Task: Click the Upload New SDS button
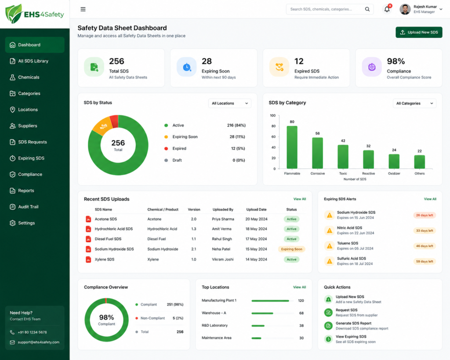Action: (419, 33)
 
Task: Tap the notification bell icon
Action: (387, 9)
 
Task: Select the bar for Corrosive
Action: (317, 153)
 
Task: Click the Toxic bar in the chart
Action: (343, 157)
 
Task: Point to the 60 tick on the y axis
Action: (273, 137)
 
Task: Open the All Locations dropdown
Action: (229, 103)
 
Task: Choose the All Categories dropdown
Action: (414, 103)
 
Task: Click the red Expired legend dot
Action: (166, 149)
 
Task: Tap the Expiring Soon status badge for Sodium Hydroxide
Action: (292, 249)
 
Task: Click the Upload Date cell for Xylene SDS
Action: (256, 259)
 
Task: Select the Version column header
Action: (194, 210)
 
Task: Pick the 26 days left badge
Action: (425, 215)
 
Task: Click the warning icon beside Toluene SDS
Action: (330, 246)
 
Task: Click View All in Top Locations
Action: (299, 287)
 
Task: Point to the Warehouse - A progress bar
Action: (262, 313)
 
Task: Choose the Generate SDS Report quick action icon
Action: (328, 326)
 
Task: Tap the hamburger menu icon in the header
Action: (83, 9)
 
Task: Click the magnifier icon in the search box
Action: (367, 9)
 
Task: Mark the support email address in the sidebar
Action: (39, 342)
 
